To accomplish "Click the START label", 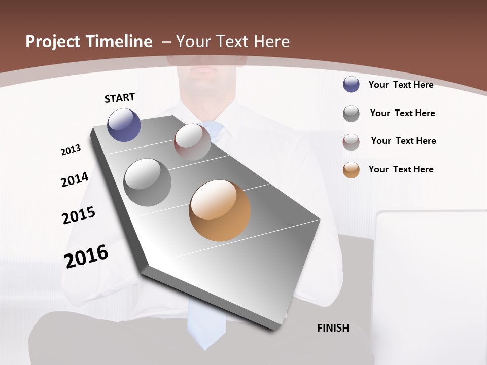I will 120,98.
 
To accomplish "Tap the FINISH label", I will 333,328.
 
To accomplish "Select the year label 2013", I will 71,150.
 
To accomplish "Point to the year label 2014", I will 75,179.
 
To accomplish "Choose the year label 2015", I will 79,215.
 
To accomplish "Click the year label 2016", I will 86,257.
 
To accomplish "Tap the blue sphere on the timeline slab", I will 124,125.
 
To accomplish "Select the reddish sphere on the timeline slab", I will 192,141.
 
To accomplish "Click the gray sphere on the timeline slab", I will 148,182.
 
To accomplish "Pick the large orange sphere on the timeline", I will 220,210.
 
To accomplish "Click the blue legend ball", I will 351,84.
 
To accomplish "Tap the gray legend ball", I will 351,114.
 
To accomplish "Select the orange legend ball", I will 351,170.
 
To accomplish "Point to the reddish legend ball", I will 351,142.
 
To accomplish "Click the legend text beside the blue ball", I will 401,85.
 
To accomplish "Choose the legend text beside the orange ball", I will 401,169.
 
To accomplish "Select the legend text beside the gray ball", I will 402,113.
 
